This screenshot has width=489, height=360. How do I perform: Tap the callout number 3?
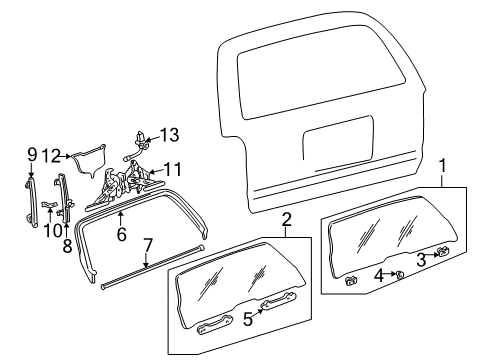click(422, 258)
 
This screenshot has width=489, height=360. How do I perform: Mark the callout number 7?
click(148, 246)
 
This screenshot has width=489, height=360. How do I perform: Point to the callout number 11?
click(173, 169)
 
